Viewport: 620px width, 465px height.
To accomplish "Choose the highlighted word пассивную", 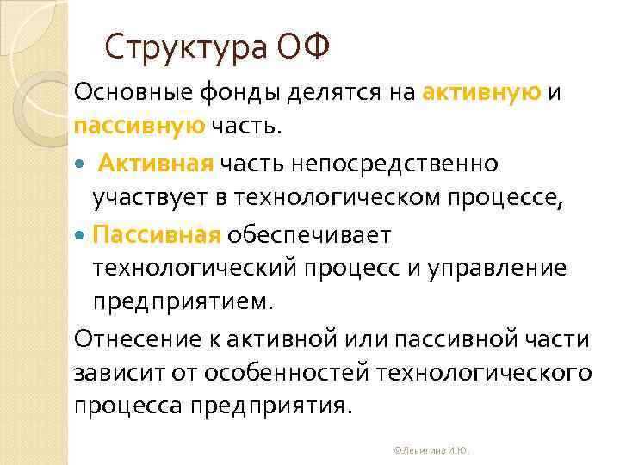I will pyautogui.click(x=139, y=127).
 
